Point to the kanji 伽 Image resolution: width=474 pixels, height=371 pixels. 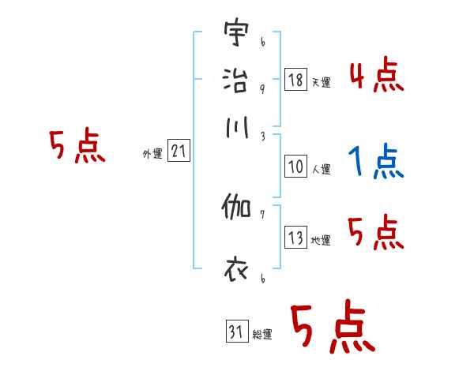tap(236, 210)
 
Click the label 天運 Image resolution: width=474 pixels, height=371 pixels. tap(320, 82)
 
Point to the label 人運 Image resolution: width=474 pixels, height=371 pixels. tap(321, 168)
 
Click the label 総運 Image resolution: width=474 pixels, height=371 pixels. tap(261, 334)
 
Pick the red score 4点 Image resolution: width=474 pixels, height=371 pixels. tap(376, 76)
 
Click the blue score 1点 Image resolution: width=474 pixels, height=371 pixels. tap(376, 162)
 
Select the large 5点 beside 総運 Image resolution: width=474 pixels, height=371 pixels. tap(331, 328)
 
